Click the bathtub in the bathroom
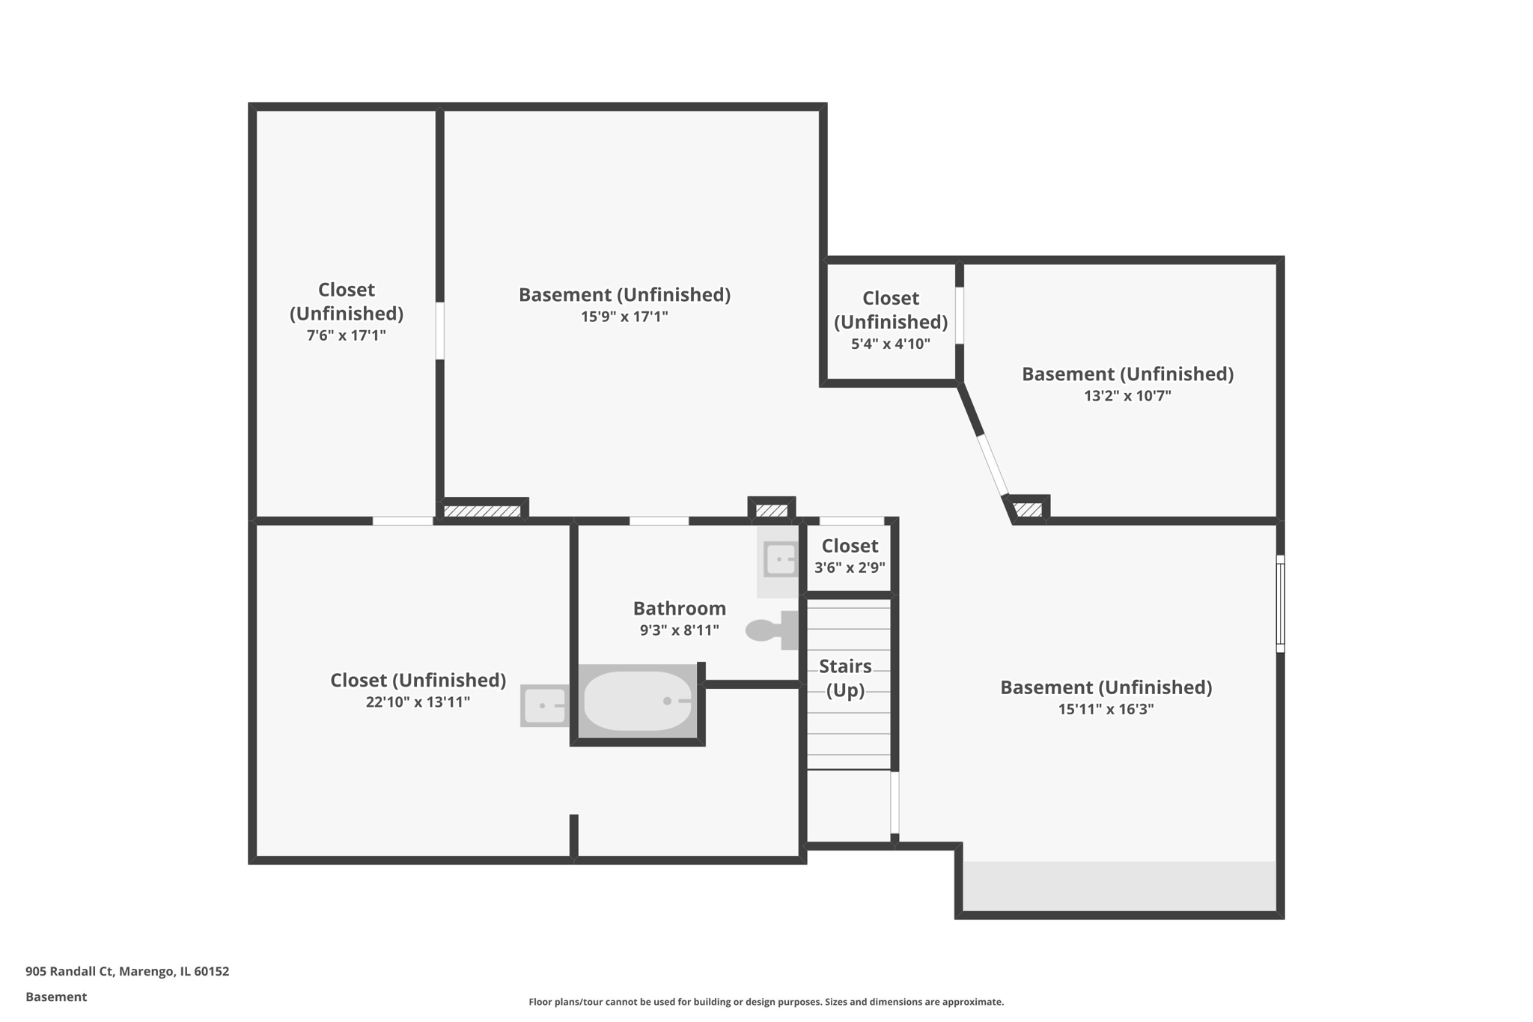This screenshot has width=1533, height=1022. click(638, 701)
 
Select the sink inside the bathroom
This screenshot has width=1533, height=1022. click(780, 560)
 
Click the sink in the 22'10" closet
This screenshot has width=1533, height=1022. click(544, 705)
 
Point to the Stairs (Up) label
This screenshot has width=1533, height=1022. click(845, 678)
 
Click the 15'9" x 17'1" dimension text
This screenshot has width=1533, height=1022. click(624, 317)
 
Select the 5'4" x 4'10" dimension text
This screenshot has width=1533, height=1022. click(890, 344)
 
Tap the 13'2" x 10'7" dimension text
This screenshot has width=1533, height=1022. click(1127, 396)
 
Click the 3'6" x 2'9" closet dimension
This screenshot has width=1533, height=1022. click(850, 568)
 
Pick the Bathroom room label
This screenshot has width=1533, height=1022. click(679, 608)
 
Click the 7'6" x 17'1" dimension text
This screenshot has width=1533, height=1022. click(346, 335)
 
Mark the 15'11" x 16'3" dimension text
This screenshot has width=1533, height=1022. click(1106, 709)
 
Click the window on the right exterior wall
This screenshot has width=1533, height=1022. click(1280, 603)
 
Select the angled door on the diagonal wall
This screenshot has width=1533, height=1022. click(993, 465)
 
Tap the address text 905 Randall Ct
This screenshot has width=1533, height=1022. click(127, 971)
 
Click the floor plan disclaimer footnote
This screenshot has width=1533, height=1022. click(766, 1002)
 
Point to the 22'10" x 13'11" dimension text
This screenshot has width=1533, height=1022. click(418, 702)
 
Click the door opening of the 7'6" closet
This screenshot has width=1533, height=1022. click(439, 331)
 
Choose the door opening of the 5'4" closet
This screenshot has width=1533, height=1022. click(959, 315)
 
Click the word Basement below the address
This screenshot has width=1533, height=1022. click(56, 997)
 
